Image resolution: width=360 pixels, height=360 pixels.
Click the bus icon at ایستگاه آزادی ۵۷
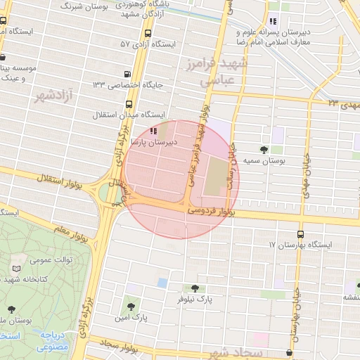[x=147, y=33]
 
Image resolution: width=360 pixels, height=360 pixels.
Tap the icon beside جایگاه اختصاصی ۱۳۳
[x=127, y=74]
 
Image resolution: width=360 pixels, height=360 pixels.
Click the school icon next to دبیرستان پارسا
[x=154, y=131]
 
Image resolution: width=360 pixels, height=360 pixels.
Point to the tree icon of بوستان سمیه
[x=264, y=149]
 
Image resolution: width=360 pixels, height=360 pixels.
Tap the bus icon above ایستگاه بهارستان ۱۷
[x=300, y=233]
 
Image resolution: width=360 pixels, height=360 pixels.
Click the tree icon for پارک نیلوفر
[x=195, y=288]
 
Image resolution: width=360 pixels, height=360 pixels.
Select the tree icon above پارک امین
[x=131, y=305]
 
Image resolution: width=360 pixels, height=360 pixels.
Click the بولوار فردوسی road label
[x=211, y=210]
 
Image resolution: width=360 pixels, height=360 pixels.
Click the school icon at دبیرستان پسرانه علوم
[x=273, y=22]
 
